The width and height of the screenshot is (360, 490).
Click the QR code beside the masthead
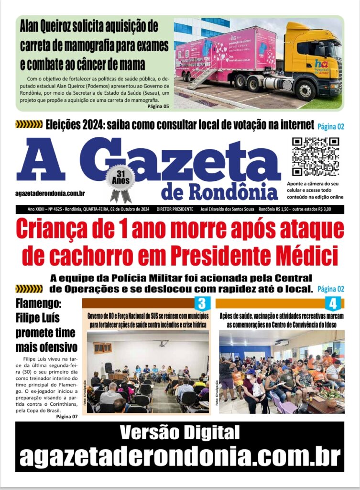[x=315, y=156]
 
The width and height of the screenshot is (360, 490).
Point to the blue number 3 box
[x=202, y=303]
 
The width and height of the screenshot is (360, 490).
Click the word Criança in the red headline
[x=54, y=229]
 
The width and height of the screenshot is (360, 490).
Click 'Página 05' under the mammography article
[x=158, y=106]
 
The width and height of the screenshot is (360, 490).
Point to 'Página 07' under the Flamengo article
[x=66, y=416]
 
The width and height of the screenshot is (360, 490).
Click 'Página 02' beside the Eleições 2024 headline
[x=331, y=127]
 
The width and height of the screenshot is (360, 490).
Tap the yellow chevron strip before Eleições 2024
[x=29, y=125]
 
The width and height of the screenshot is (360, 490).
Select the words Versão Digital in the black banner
[x=179, y=433]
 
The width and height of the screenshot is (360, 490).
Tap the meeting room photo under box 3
[x=148, y=371]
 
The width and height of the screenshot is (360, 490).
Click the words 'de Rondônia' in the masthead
[x=219, y=192]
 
